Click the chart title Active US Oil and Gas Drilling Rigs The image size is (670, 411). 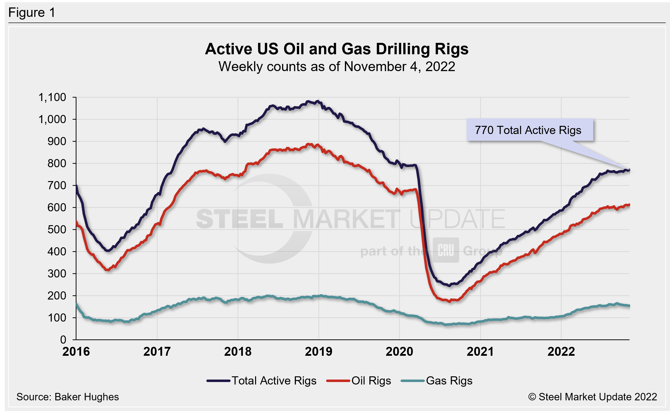tap(337, 49)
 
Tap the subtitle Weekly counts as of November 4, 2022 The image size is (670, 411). tap(337, 67)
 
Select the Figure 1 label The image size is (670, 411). tap(32, 13)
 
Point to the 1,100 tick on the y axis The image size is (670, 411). tap(52, 97)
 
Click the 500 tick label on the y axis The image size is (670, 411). tap(57, 229)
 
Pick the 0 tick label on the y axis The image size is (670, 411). tap(63, 340)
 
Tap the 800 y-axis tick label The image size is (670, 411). tap(57, 163)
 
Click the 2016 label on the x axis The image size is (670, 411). tap(76, 352)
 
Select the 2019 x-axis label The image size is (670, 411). tap(318, 352)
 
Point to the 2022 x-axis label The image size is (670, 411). tap(561, 352)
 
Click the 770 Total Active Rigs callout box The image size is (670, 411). tap(529, 130)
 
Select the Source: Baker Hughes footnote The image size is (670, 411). tap(68, 397)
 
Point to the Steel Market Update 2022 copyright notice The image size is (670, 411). tap(593, 397)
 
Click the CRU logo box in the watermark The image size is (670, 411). tap(446, 250)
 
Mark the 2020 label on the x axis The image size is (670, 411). tap(399, 352)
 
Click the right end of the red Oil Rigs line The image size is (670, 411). tap(629, 205)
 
